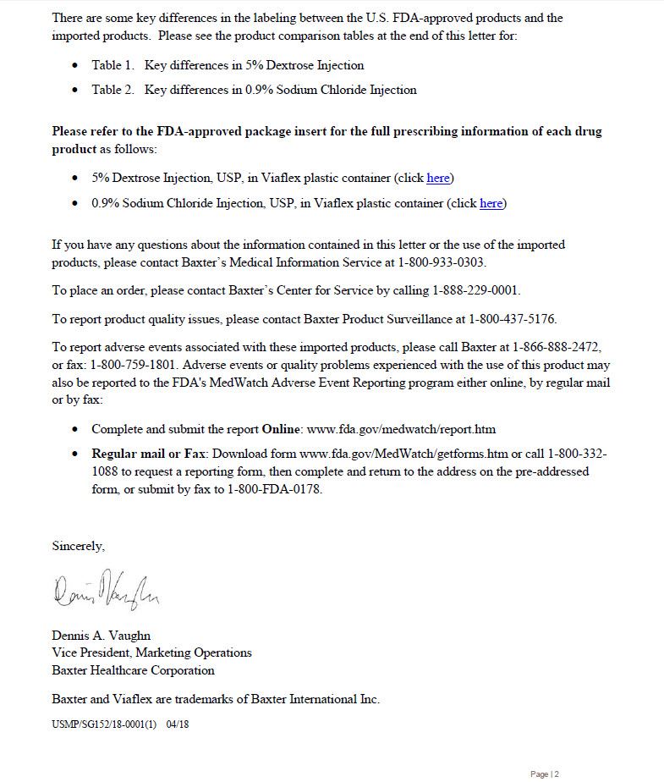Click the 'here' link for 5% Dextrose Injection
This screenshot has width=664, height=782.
(x=438, y=178)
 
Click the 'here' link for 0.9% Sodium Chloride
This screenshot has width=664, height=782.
(x=491, y=203)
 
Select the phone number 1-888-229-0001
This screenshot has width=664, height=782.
(x=475, y=290)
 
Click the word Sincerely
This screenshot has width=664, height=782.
(x=78, y=546)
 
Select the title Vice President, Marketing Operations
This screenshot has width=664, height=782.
(x=151, y=653)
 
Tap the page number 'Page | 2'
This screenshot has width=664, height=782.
(x=545, y=774)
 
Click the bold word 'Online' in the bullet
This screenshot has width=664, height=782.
(x=280, y=429)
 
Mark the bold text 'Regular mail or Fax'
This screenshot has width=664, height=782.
(x=146, y=453)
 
